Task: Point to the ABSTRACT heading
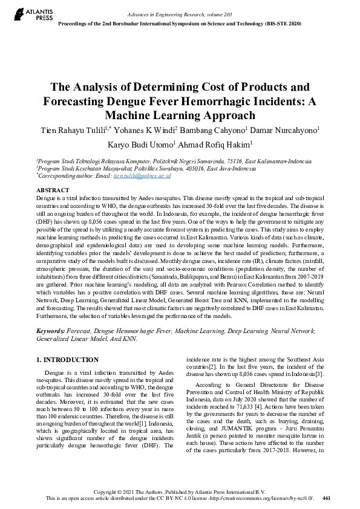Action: [53, 190]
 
